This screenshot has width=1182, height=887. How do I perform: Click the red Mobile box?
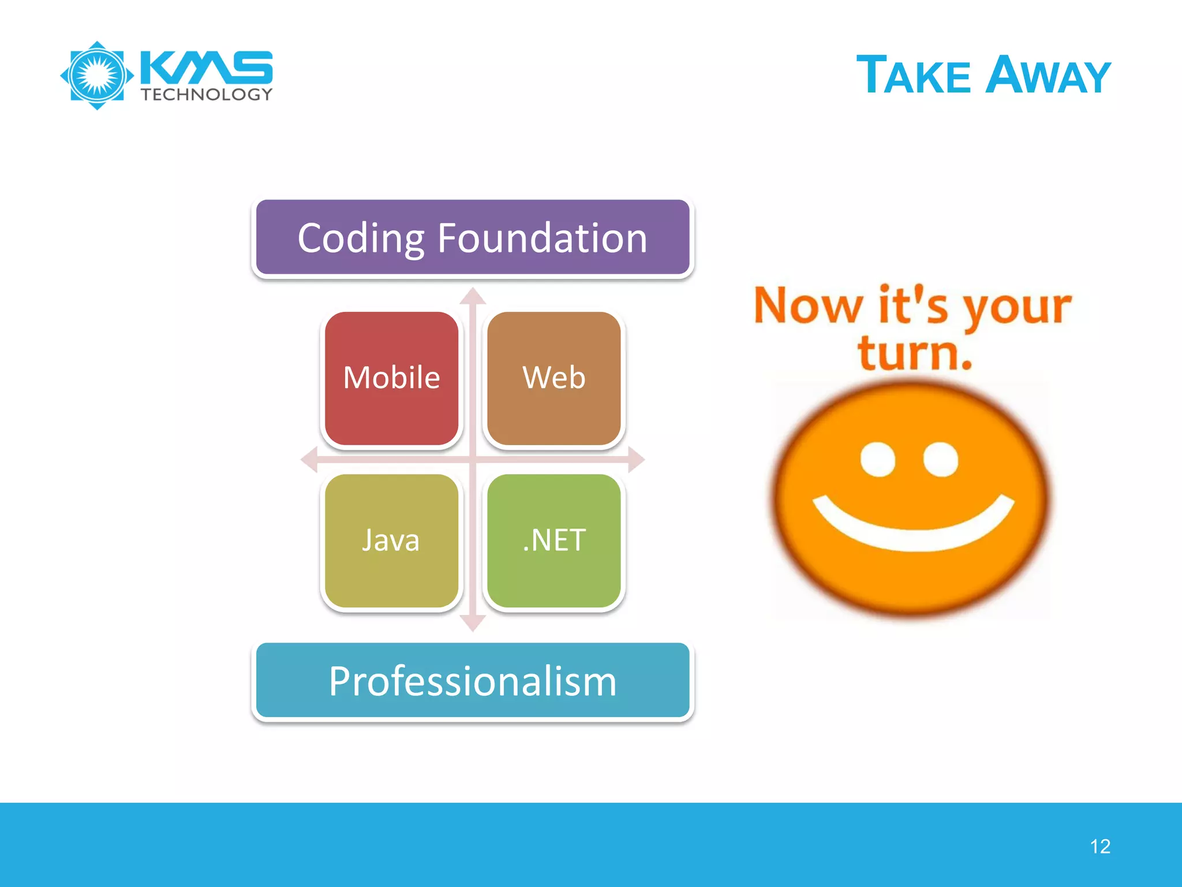point(391,378)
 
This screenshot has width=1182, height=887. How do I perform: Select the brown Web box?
point(553,378)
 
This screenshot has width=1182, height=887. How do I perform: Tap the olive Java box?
point(391,541)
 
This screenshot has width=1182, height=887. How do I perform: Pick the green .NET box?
point(553,541)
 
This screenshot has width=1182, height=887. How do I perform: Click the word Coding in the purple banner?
point(361,238)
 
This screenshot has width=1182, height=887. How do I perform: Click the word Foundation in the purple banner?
point(542,238)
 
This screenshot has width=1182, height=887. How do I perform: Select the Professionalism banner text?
point(473,681)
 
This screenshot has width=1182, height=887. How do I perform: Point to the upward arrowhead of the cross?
point(473,296)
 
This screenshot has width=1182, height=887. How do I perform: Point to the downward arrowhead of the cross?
point(473,624)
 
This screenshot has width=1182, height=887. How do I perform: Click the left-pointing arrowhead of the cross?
point(309,460)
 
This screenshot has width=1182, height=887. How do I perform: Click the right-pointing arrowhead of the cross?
point(636,460)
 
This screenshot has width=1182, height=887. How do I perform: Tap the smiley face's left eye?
point(877,460)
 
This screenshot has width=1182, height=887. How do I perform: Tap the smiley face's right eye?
point(941,460)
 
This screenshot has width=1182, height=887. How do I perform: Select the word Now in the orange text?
point(808,306)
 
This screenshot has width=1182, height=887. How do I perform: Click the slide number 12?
point(1100,847)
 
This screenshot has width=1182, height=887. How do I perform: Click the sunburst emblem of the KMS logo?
point(97,76)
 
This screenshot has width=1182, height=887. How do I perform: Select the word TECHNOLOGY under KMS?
point(207,95)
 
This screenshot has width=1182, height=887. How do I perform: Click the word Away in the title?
point(1048,76)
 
